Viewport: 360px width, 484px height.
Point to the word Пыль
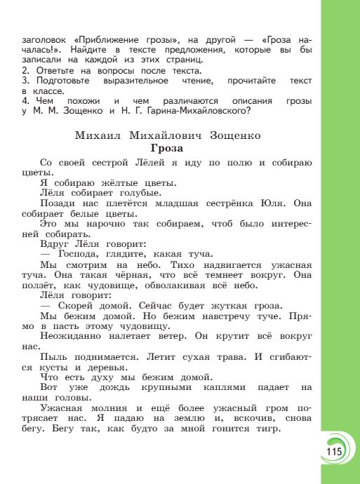(53, 356)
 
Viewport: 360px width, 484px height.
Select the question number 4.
(25, 100)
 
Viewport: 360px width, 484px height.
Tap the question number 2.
(25, 70)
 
